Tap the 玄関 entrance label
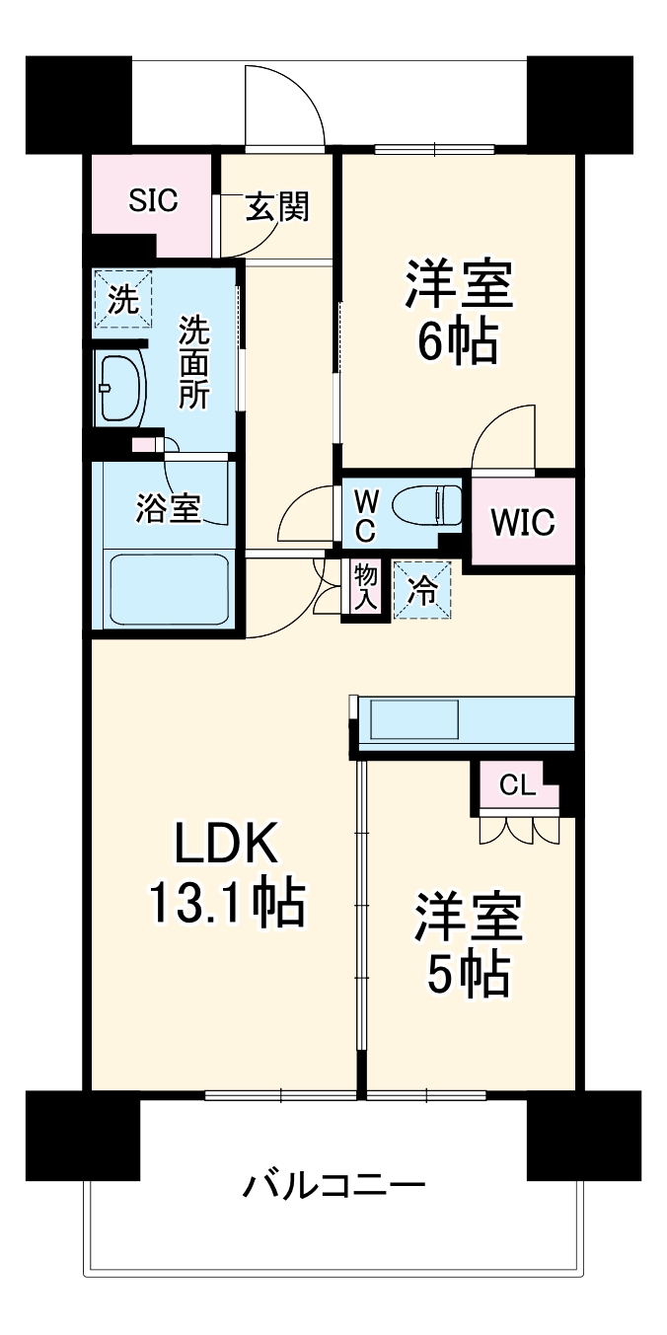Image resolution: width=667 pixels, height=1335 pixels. point(277,207)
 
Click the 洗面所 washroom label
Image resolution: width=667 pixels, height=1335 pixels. point(193,362)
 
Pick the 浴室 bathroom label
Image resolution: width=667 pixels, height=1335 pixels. point(169,509)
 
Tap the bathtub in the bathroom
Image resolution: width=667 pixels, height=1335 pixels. point(170,589)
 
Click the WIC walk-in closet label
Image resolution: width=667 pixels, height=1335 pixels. point(523,521)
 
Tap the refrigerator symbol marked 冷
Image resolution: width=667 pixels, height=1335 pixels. point(423,590)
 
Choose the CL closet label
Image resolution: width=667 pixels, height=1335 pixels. point(517,785)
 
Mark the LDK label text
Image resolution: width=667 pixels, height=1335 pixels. point(229,844)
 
